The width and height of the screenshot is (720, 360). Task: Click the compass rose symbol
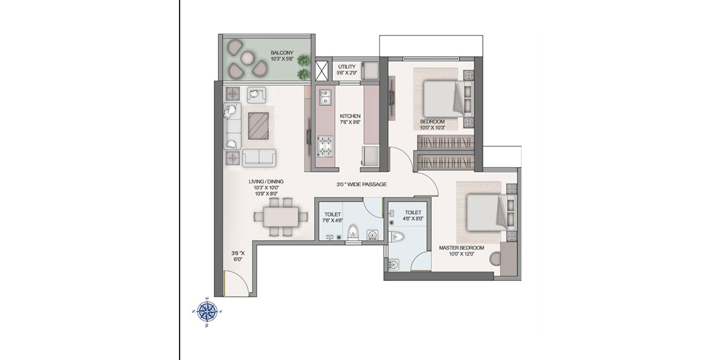[x=207, y=311]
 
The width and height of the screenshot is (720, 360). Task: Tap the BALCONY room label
[x=282, y=52]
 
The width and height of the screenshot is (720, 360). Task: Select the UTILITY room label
[x=347, y=67]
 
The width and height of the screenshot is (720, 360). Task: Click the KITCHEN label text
[x=350, y=116]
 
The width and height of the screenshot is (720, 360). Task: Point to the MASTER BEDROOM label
[x=462, y=248]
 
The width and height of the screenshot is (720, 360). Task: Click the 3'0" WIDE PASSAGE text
[x=362, y=185]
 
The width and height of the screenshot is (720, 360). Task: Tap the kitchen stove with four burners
[x=325, y=146]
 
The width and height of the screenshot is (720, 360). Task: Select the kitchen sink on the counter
[x=325, y=97]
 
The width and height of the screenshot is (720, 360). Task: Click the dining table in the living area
[x=281, y=217]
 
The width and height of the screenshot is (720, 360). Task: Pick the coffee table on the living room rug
[x=258, y=126]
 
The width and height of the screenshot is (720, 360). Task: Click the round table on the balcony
[x=247, y=58]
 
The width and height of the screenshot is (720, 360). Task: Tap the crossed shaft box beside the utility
[x=322, y=71]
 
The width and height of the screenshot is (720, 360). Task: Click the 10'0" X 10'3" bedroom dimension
[x=433, y=128]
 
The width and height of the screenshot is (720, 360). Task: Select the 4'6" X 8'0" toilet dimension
[x=413, y=219]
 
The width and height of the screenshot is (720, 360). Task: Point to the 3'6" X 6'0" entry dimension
[x=238, y=256]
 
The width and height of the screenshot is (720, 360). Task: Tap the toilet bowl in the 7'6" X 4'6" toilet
[x=353, y=232]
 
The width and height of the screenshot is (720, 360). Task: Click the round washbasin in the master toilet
[x=393, y=264]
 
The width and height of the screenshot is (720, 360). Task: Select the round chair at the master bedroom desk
[x=495, y=258]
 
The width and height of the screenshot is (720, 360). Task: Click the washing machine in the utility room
[x=370, y=71]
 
